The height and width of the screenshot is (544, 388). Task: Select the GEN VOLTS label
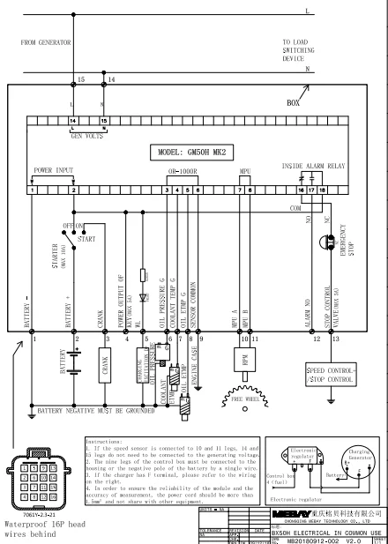pyautogui.click(x=86, y=137)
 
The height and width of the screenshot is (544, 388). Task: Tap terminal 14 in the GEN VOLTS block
pyautogui.click(x=72, y=120)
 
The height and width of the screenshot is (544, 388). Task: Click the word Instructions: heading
pyautogui.click(x=111, y=441)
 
